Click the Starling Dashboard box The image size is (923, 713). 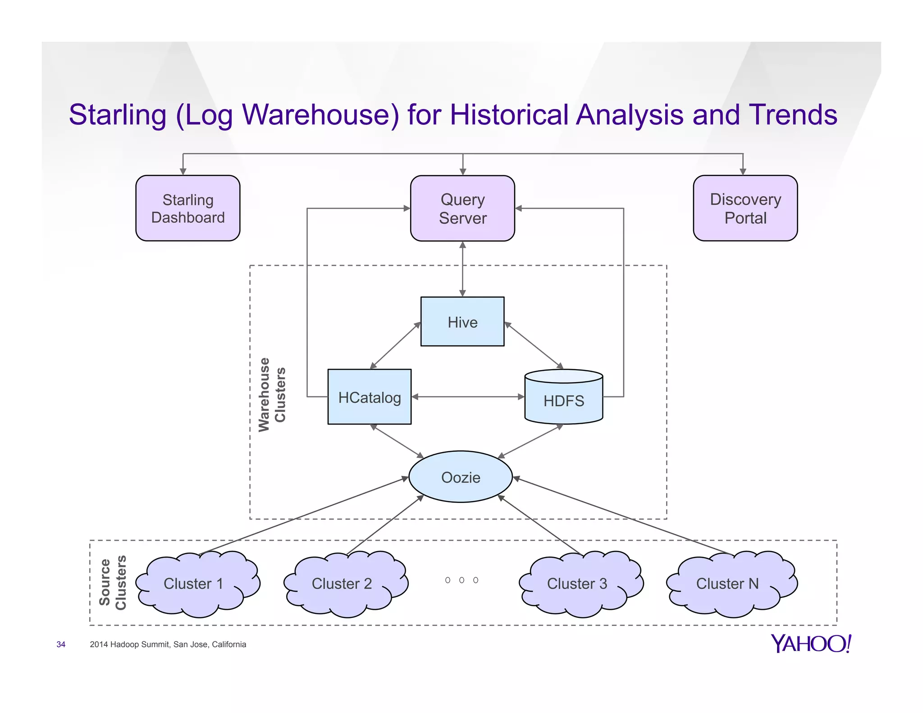188,208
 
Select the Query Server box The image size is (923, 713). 462,208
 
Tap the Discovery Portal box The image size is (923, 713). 745,208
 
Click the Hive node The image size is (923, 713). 462,322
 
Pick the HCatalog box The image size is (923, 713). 370,397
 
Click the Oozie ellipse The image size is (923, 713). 461,477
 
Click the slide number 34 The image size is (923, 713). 61,644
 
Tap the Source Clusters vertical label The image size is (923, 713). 113,582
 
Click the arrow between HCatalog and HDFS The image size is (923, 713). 468,397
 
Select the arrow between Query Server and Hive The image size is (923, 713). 462,269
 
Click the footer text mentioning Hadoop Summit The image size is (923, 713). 168,644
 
